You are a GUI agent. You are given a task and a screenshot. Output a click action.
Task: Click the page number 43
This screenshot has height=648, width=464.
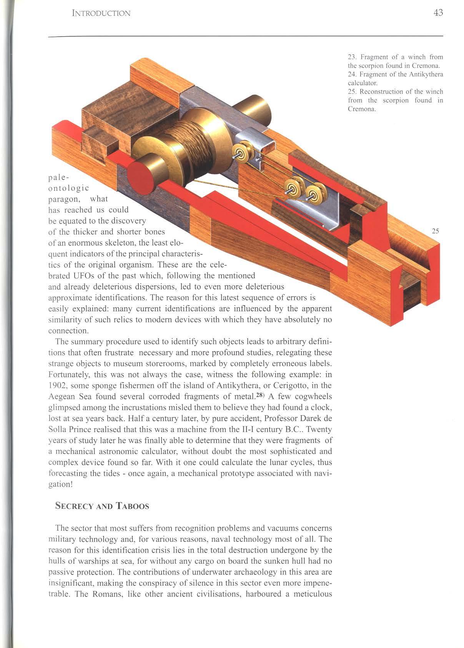pyautogui.click(x=438, y=13)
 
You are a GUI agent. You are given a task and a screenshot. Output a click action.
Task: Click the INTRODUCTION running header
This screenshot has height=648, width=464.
pyautogui.click(x=101, y=13)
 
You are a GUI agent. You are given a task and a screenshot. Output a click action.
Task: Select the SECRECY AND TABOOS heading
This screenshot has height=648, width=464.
pyautogui.click(x=102, y=506)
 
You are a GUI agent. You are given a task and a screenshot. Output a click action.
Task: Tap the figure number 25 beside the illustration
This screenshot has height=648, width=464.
pyautogui.click(x=435, y=231)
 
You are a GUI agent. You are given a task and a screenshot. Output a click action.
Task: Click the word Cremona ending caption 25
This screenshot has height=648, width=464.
pyautogui.click(x=361, y=109)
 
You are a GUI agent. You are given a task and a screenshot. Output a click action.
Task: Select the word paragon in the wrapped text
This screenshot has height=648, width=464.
pyautogui.click(x=64, y=199)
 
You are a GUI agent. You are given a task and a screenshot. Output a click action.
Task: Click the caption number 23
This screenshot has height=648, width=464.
pyautogui.click(x=352, y=57)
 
